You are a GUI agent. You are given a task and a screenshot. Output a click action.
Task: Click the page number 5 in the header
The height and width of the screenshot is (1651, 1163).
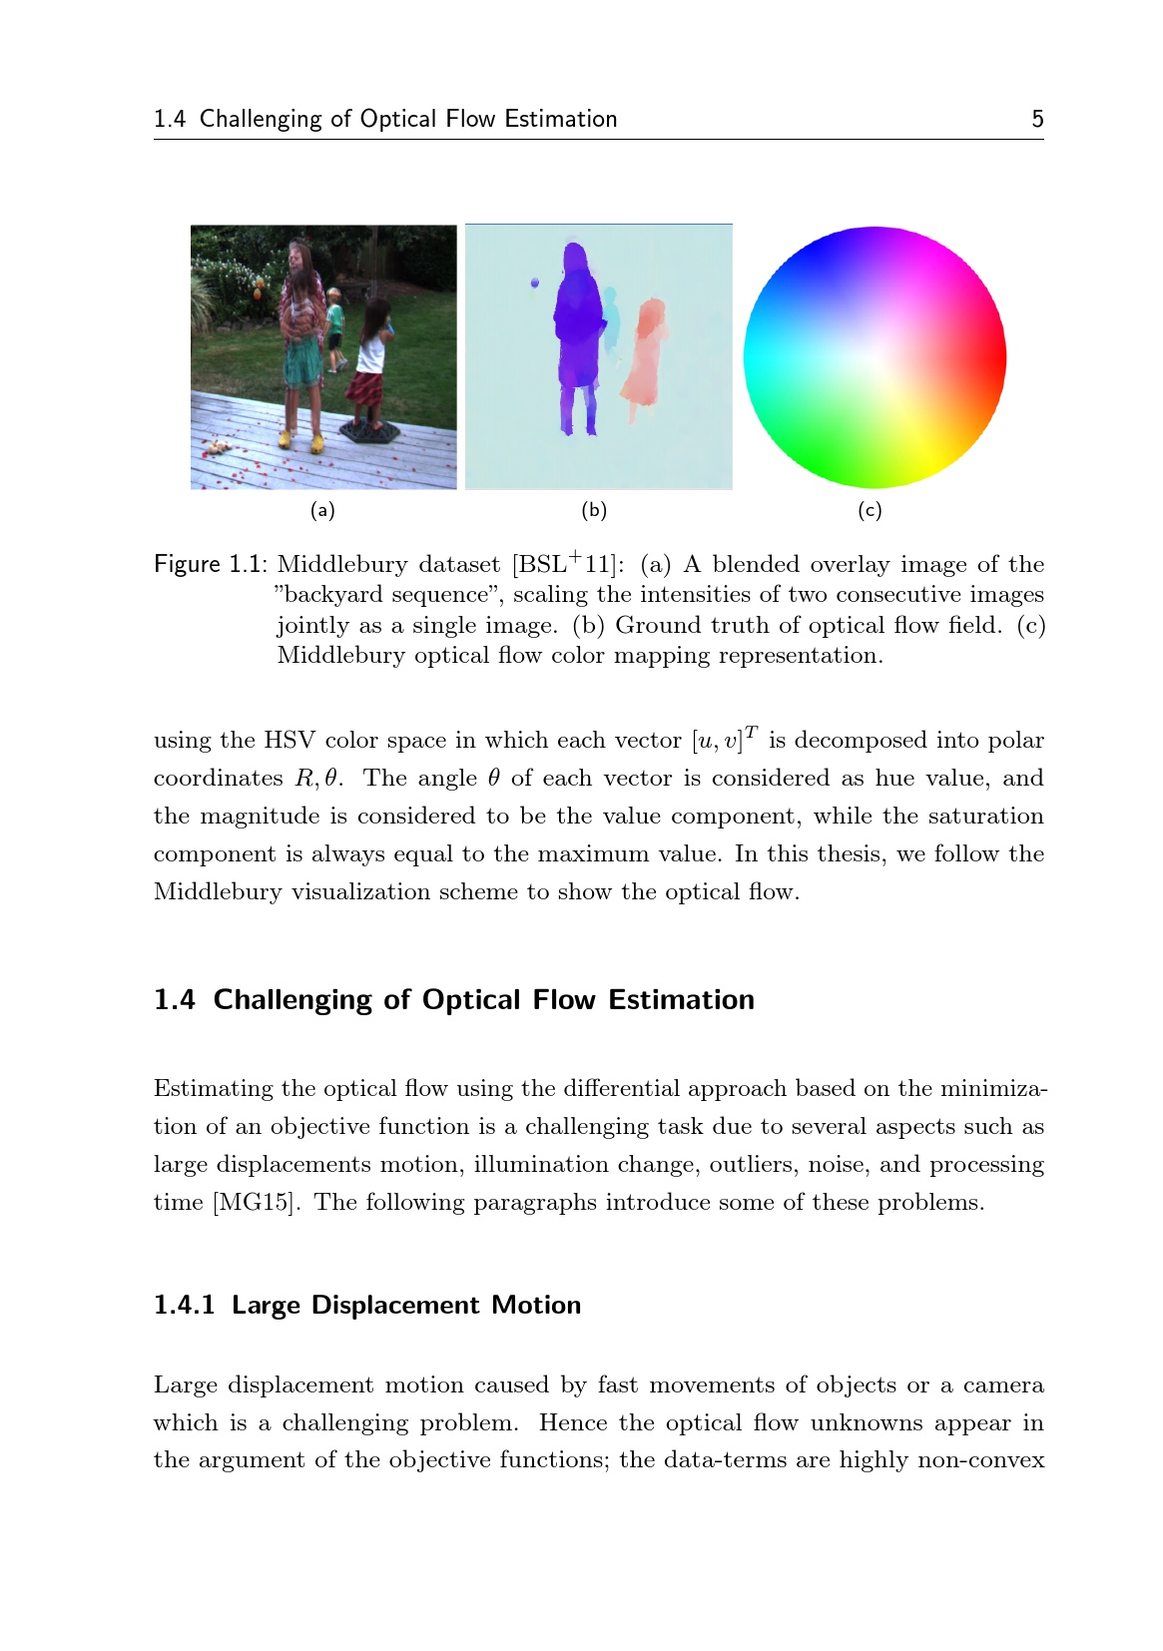pyautogui.click(x=1037, y=120)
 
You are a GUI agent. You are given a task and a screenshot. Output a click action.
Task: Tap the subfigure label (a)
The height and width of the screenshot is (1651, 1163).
pyautogui.click(x=322, y=511)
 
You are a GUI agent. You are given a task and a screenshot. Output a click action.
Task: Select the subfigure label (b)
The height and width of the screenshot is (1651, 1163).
pyautogui.click(x=594, y=511)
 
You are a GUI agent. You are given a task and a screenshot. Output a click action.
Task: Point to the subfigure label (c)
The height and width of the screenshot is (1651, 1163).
pyautogui.click(x=870, y=511)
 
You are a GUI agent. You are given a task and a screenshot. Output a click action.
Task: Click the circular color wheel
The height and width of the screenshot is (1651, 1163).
pyautogui.click(x=874, y=357)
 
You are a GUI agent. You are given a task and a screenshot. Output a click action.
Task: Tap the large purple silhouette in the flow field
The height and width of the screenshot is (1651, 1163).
pyautogui.click(x=577, y=329)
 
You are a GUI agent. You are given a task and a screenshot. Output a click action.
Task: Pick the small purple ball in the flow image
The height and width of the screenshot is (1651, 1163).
pyautogui.click(x=535, y=283)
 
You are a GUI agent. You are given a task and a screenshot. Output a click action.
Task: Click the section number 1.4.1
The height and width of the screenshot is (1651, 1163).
pyautogui.click(x=184, y=1306)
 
